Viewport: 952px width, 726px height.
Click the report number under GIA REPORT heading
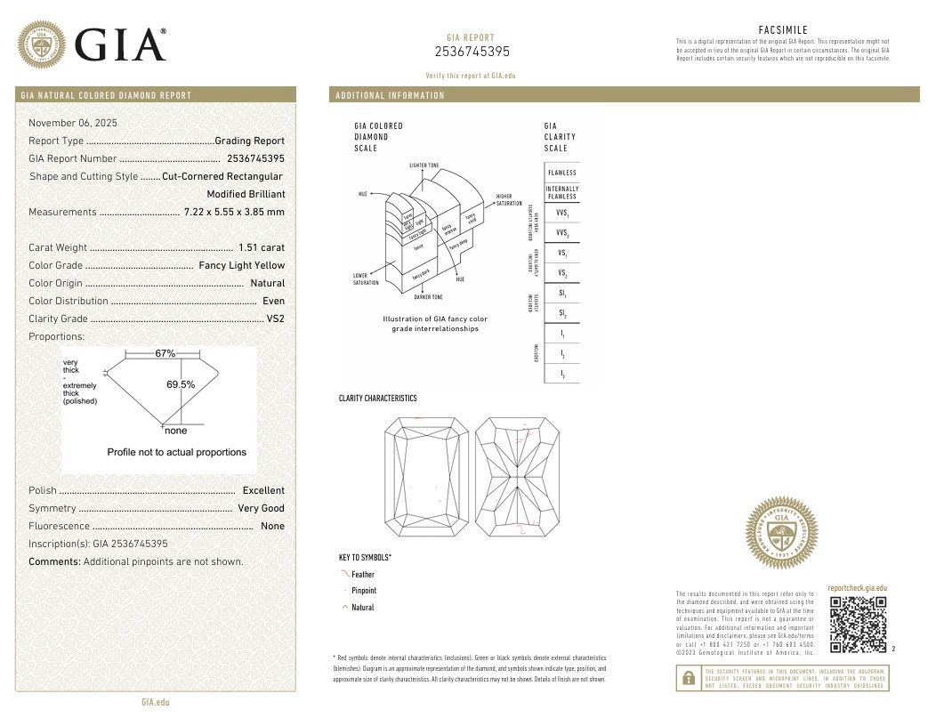coord(471,51)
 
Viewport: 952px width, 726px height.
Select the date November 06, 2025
coord(73,123)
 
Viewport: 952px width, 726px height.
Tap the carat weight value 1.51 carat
coord(262,247)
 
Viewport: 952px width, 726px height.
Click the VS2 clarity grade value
coord(276,319)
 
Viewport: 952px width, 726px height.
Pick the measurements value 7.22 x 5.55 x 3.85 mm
coord(234,212)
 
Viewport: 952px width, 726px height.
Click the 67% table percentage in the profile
coord(165,353)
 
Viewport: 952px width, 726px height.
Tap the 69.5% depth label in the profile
coord(181,384)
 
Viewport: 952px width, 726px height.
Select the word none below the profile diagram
coord(176,431)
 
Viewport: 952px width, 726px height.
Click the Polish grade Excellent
coord(263,490)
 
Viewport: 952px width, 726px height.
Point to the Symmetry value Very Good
coord(261,508)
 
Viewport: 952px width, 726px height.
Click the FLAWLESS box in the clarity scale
coord(562,173)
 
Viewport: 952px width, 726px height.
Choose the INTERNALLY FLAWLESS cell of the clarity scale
coord(562,192)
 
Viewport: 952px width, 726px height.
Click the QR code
coord(858,625)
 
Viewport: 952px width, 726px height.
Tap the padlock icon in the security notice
coord(688,679)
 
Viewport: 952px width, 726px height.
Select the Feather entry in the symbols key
coord(363,575)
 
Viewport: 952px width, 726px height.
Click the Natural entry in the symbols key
coord(363,608)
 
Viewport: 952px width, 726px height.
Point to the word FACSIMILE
coord(783,30)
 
